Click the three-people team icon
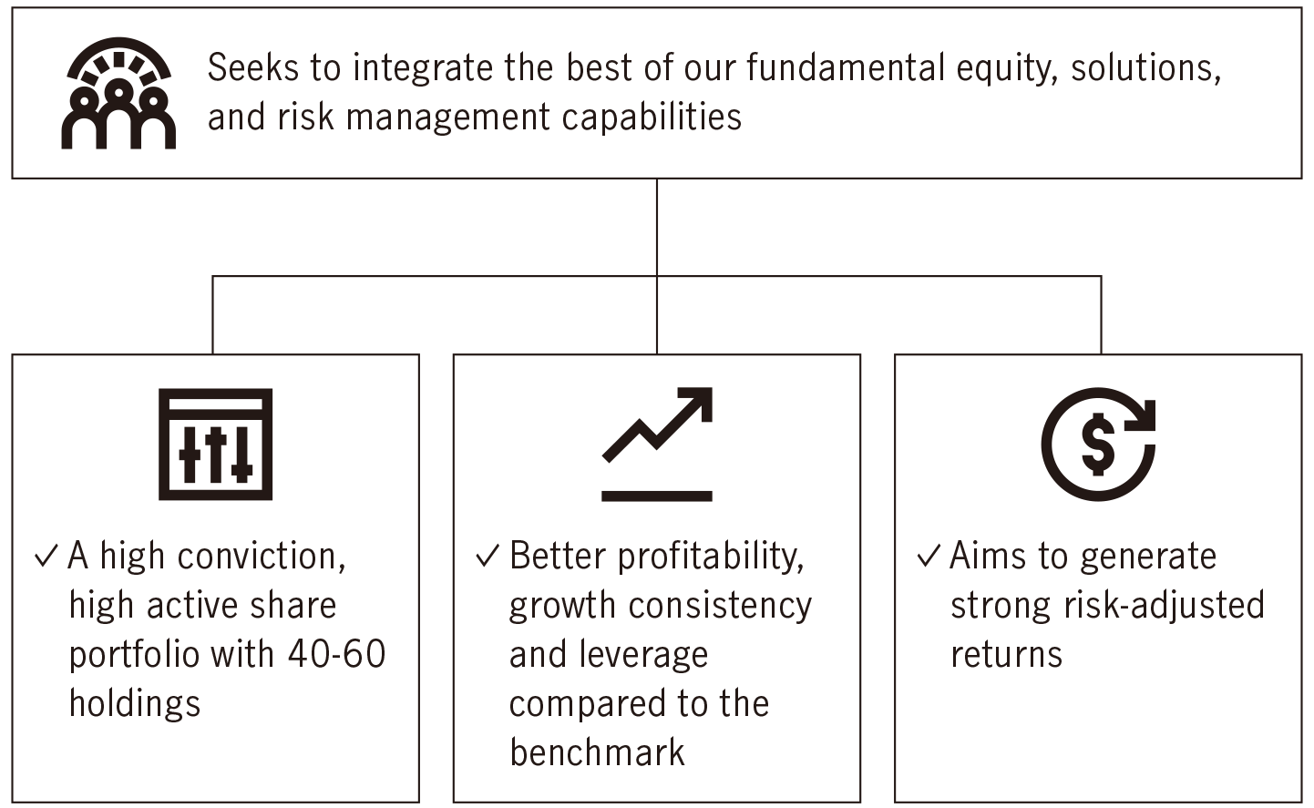click(118, 94)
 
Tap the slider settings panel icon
click(215, 444)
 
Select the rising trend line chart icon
click(657, 444)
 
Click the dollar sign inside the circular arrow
click(1097, 444)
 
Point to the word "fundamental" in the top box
click(846, 67)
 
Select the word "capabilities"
click(652, 117)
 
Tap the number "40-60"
click(337, 654)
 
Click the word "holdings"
click(135, 703)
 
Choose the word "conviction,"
click(262, 556)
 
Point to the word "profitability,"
click(711, 556)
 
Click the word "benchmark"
click(597, 752)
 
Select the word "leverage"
click(643, 655)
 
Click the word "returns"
click(1007, 655)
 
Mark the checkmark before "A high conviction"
click(46, 556)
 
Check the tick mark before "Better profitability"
click(488, 556)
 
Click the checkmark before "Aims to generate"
click(929, 556)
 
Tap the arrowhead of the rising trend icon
click(698, 402)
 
